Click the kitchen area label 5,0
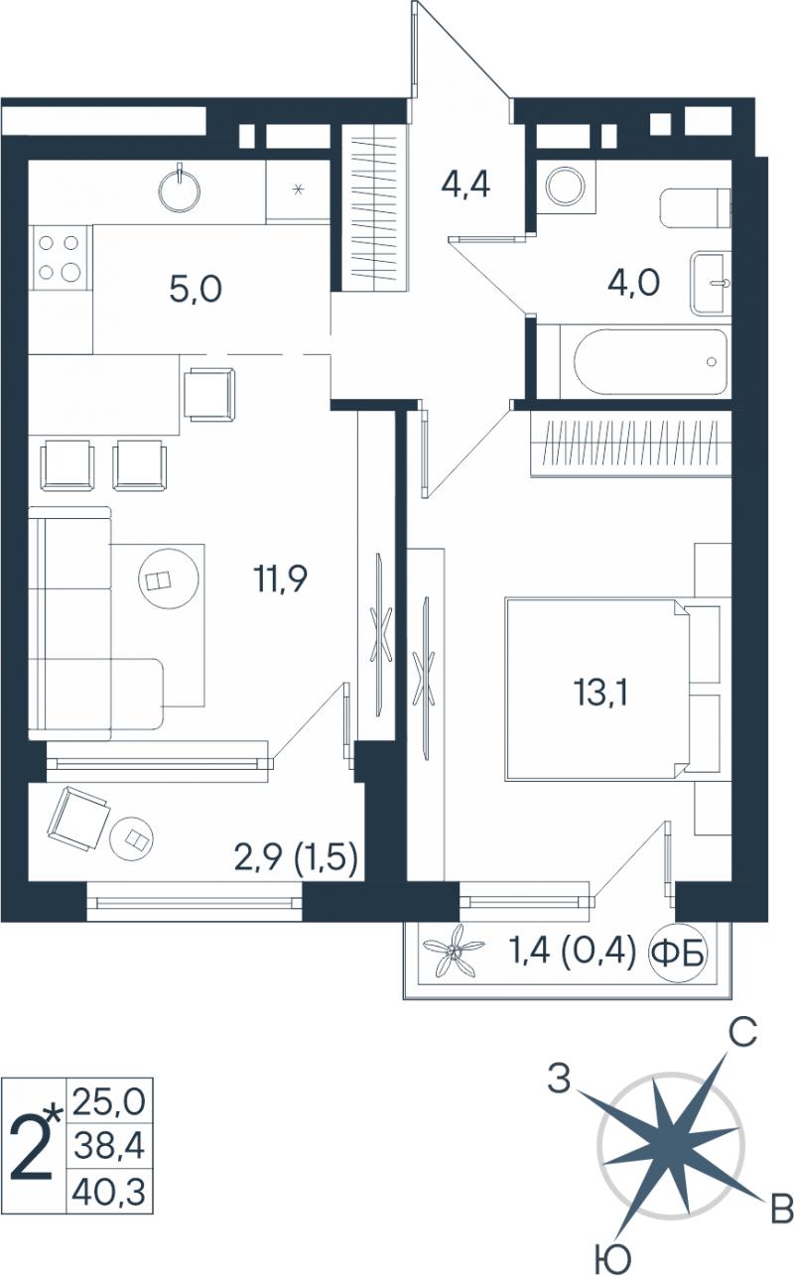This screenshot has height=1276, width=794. point(197,290)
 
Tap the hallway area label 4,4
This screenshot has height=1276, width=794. point(465,186)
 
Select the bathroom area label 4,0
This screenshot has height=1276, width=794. point(633,283)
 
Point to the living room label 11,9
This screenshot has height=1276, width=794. point(280,579)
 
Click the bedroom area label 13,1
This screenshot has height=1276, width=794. point(600,694)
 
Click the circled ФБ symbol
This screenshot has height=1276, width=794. point(678,1125)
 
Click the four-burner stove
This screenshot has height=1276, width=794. point(59,257)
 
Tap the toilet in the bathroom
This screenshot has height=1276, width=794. point(695,209)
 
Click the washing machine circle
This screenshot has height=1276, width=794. point(565,185)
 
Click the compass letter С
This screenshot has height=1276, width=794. point(743,1033)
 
